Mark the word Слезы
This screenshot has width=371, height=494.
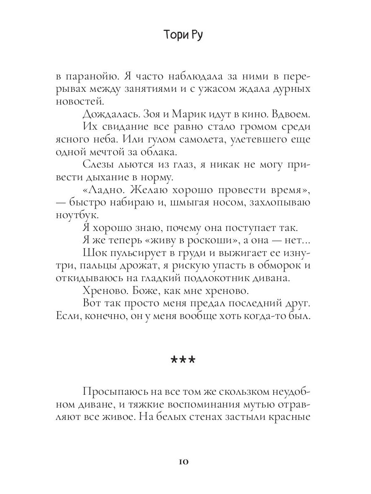pos(99,165)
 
